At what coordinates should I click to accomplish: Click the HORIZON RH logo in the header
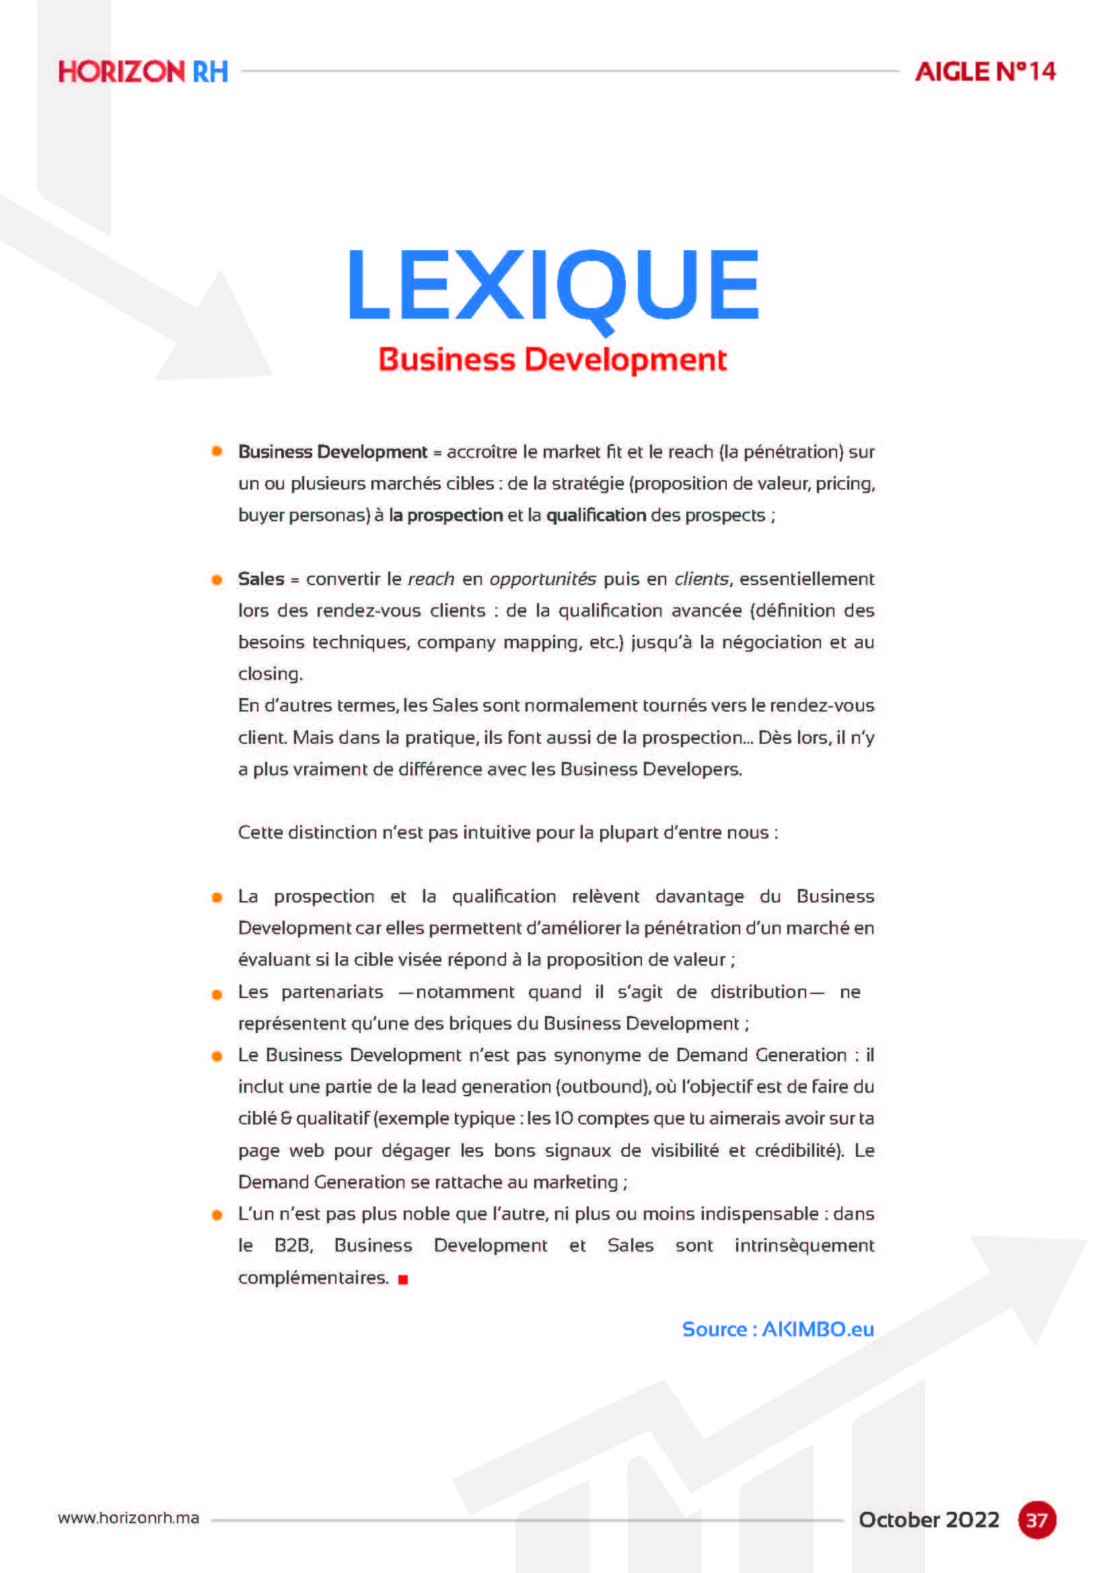point(143,72)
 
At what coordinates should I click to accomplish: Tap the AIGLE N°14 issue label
point(985,72)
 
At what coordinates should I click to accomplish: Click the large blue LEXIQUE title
point(554,286)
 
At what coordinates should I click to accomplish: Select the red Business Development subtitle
point(552,360)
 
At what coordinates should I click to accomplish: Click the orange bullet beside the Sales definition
point(217,580)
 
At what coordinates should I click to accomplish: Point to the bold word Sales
point(260,579)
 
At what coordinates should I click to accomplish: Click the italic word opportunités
point(542,579)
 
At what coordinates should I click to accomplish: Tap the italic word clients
point(701,579)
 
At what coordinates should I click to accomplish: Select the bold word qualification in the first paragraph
point(596,515)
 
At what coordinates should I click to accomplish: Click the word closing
point(270,674)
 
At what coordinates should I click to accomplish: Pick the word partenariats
point(332,992)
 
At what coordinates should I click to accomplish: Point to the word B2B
point(293,1245)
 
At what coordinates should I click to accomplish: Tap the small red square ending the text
point(403,1279)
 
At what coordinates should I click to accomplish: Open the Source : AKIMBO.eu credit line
point(778,1330)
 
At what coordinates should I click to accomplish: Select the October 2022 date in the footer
point(929,1520)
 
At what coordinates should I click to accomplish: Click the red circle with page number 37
point(1036,1521)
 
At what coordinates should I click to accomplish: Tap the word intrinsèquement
point(804,1245)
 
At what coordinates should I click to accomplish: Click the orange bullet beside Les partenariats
point(217,994)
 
